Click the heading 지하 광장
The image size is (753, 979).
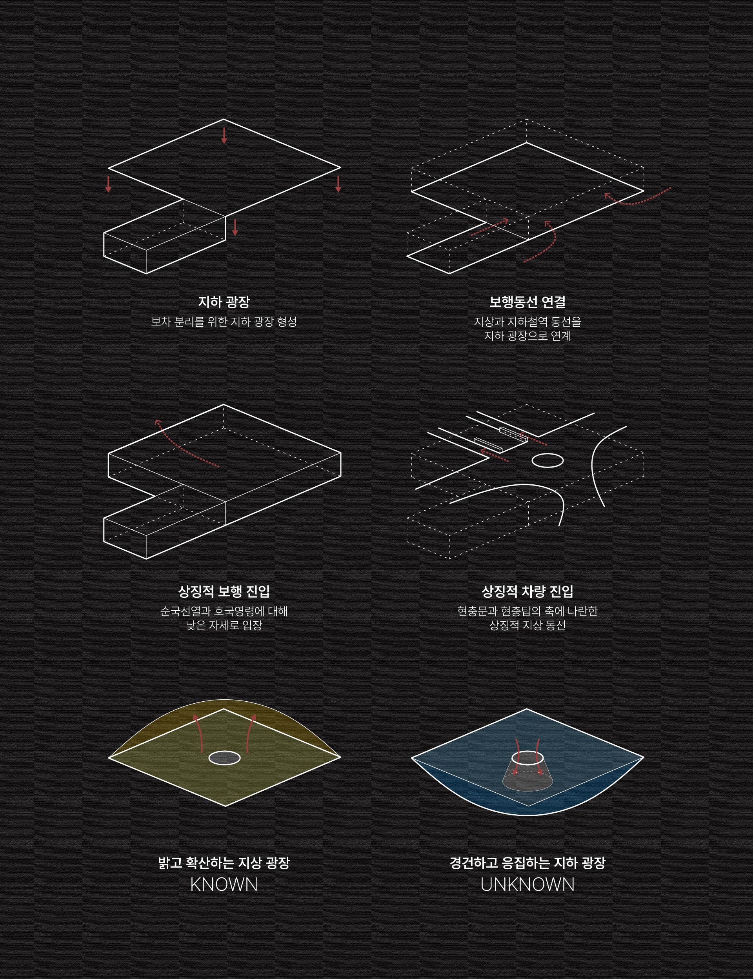(224, 302)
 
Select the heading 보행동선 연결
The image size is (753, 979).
(527, 302)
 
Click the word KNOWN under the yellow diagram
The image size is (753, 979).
(224, 884)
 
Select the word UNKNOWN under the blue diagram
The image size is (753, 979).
(527, 884)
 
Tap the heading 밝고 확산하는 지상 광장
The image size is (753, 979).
(224, 863)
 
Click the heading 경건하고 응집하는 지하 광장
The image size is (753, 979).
(527, 863)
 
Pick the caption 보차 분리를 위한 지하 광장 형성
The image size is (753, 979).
(224, 322)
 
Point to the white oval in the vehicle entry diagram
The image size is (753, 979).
(547, 460)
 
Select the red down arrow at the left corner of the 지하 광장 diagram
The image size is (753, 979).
(108, 184)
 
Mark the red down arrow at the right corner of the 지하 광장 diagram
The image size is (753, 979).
(338, 184)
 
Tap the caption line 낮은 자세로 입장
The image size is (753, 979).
(224, 625)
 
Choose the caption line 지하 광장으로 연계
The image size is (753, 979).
(527, 336)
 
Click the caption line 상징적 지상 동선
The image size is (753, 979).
(527, 625)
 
